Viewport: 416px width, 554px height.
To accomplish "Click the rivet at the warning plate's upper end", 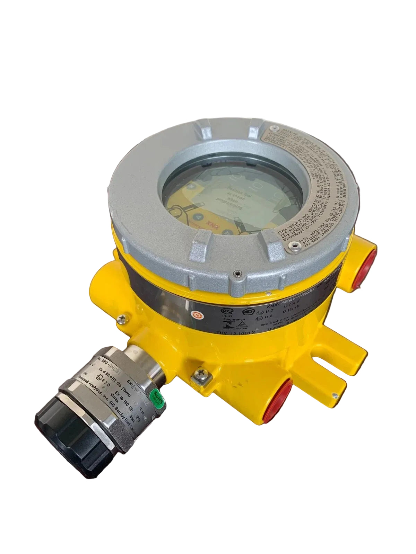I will pos(276,128).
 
